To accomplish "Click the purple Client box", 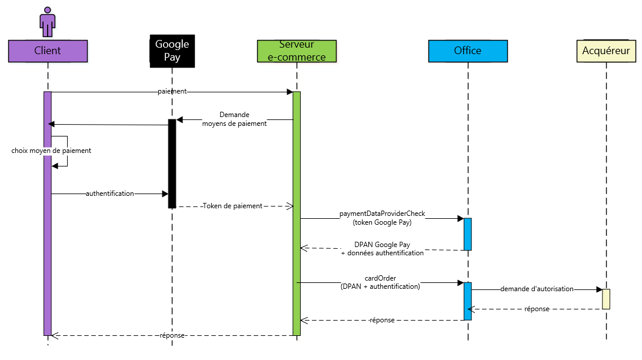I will click(48, 51).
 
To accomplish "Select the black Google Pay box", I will click(172, 51).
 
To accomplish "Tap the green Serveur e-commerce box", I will click(297, 51).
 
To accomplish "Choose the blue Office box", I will click(468, 51).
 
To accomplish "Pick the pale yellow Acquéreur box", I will click(606, 51).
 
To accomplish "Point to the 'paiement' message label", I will click(172, 92).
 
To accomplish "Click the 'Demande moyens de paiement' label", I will click(234, 119).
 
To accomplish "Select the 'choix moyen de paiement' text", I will click(51, 151).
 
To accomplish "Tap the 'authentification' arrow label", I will click(110, 193).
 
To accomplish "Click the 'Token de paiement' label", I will click(232, 206).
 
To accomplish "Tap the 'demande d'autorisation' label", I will click(537, 289).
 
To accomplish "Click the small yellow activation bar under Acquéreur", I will click(606, 299).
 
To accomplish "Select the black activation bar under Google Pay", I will click(172, 164).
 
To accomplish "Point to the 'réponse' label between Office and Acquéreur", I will click(537, 309).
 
